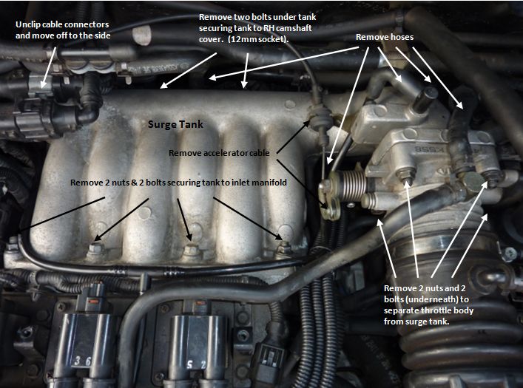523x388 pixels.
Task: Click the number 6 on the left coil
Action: tap(90, 339)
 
